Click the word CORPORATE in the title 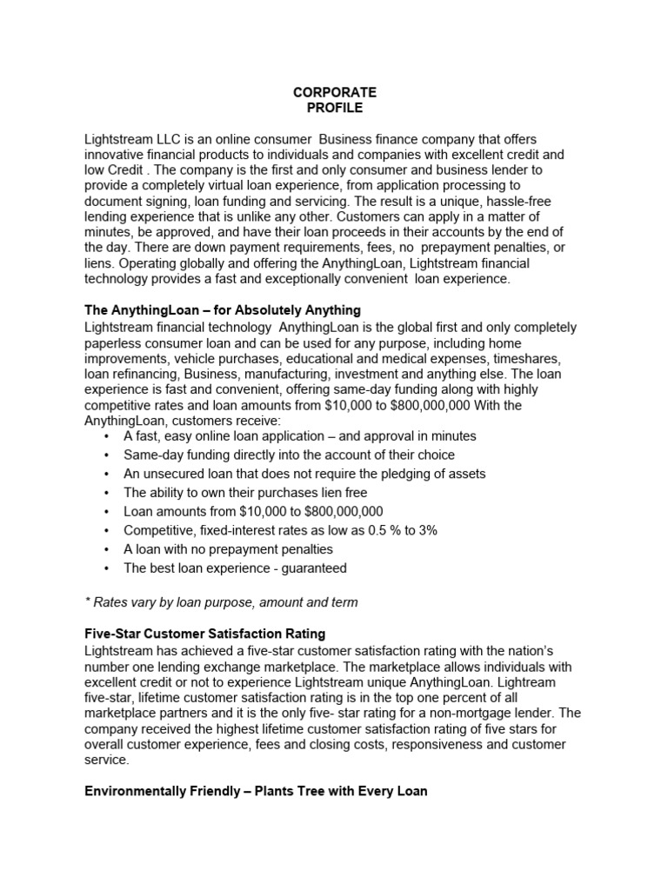point(335,92)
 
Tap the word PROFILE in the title point(335,108)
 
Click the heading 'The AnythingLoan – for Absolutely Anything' point(222,310)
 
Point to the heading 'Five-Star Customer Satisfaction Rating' point(204,634)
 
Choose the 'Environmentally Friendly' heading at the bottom point(256,792)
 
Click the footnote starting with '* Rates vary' point(221,601)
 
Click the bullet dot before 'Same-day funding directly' point(106,455)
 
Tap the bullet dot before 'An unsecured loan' point(106,475)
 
